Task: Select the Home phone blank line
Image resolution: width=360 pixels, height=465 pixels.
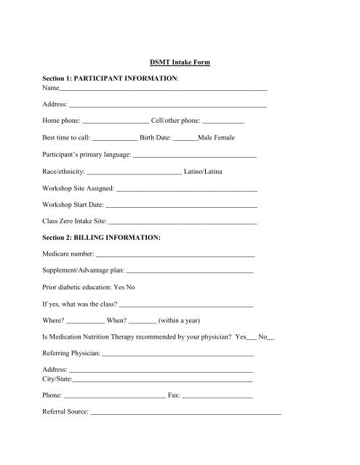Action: [116, 121]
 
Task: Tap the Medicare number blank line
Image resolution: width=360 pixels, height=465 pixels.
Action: [175, 256]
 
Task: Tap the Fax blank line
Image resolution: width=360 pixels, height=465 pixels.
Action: [217, 397]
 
